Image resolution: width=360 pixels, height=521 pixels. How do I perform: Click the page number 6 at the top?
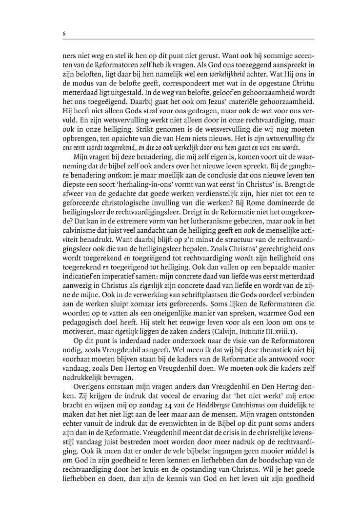[64, 34]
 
